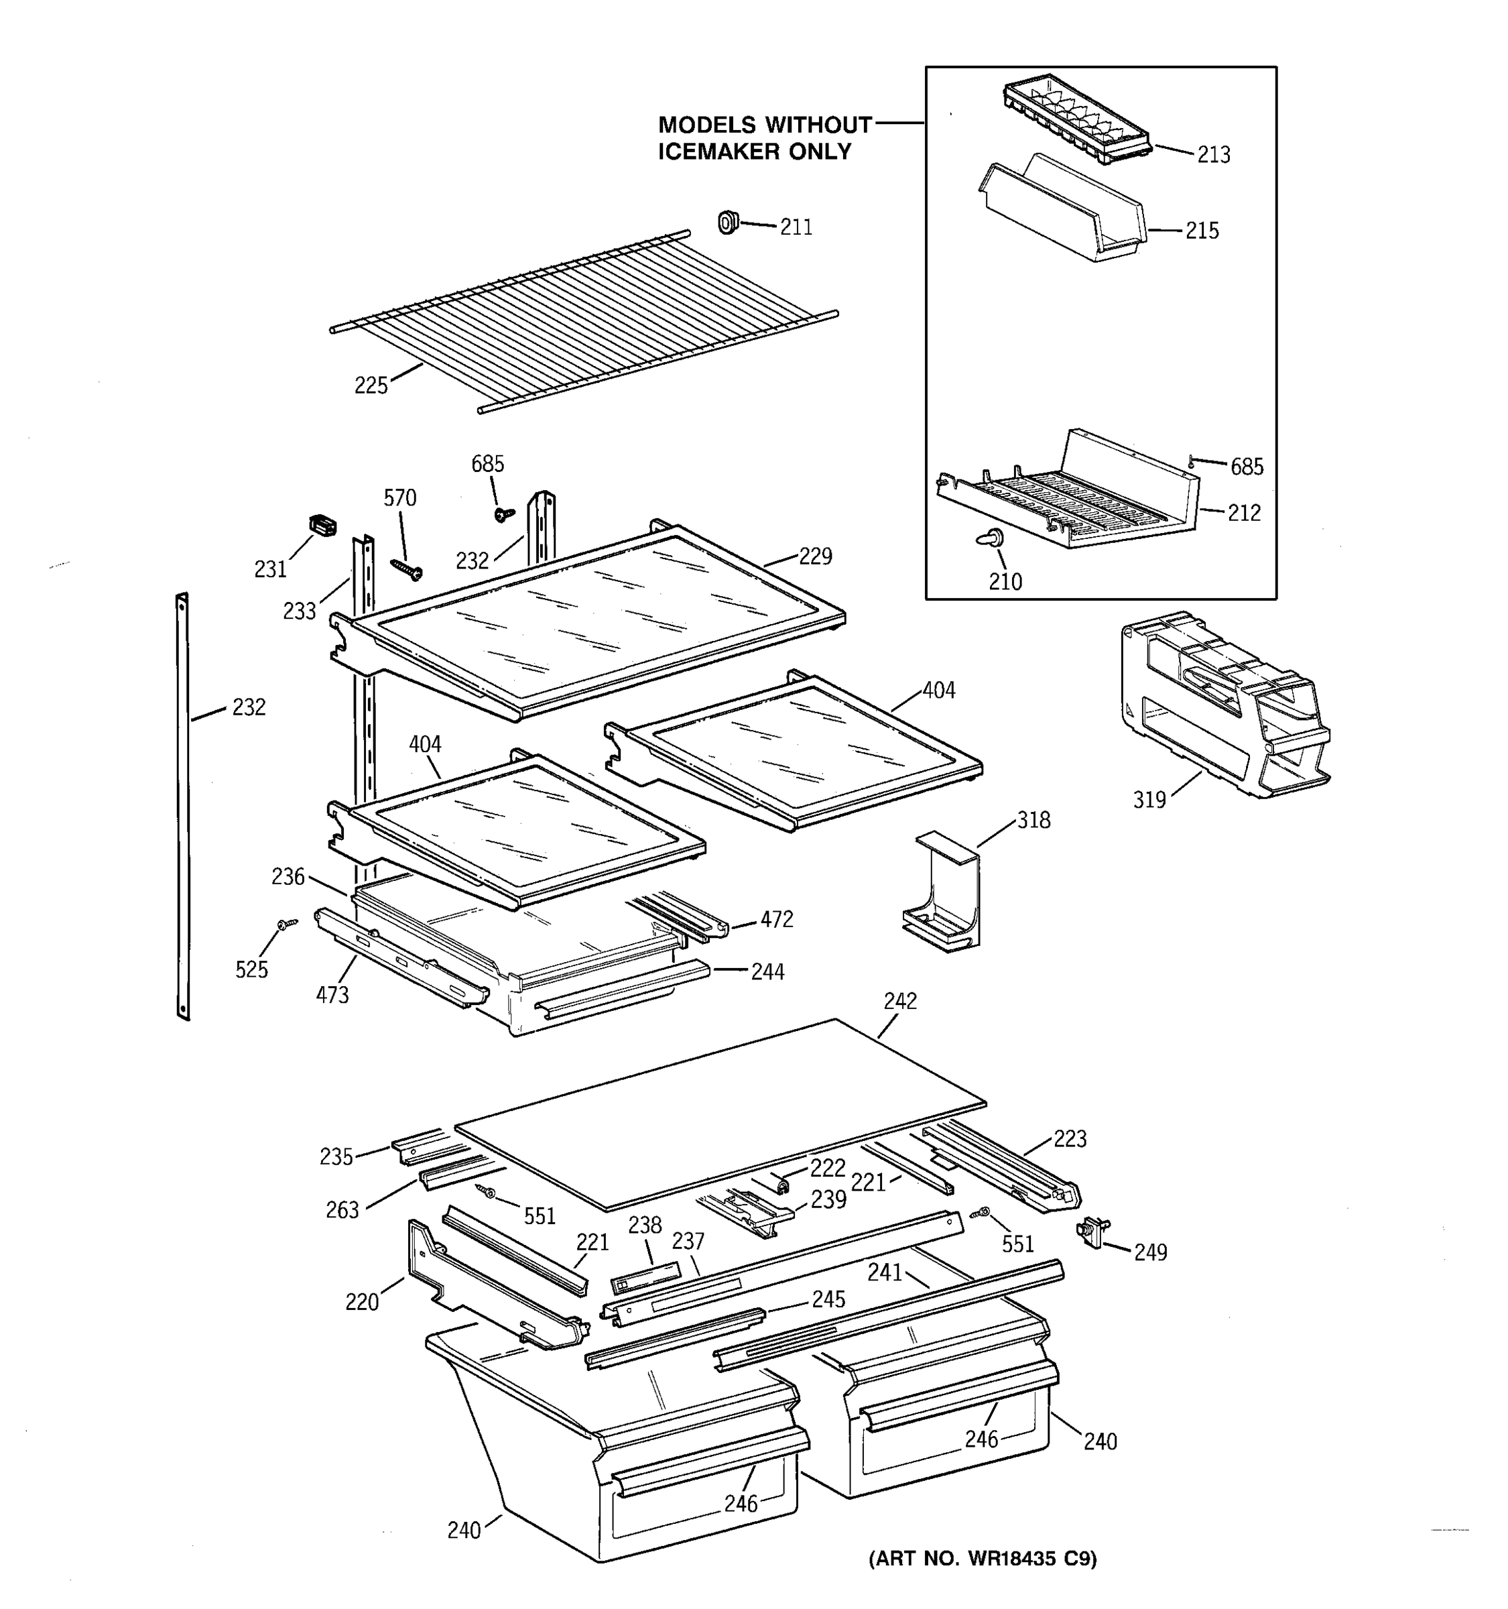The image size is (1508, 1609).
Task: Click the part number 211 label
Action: (796, 227)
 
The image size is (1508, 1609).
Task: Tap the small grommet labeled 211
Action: (728, 221)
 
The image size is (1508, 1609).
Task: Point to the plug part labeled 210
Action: (992, 538)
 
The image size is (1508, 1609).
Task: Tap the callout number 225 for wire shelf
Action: (371, 385)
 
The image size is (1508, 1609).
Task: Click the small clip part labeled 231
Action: (323, 526)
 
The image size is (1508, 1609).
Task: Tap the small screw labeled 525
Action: (286, 922)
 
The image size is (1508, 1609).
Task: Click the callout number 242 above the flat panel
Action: (899, 1001)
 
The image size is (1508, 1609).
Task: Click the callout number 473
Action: (332, 995)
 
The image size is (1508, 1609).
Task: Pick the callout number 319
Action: (1149, 800)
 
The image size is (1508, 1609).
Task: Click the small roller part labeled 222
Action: (782, 1186)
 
